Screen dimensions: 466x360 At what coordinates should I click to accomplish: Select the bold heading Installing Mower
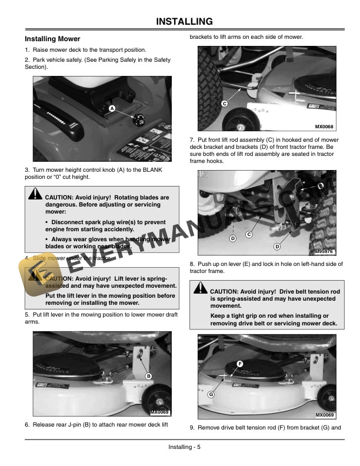point(52,39)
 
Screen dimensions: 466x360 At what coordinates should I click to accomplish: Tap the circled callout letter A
point(111,108)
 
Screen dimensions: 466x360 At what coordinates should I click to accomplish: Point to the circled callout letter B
point(148,376)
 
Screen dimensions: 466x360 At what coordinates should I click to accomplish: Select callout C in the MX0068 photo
point(224,104)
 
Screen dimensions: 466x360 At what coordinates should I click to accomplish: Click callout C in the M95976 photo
point(249,235)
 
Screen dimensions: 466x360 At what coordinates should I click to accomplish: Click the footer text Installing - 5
point(184,447)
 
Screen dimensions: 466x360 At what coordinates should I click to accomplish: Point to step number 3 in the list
point(26,170)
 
